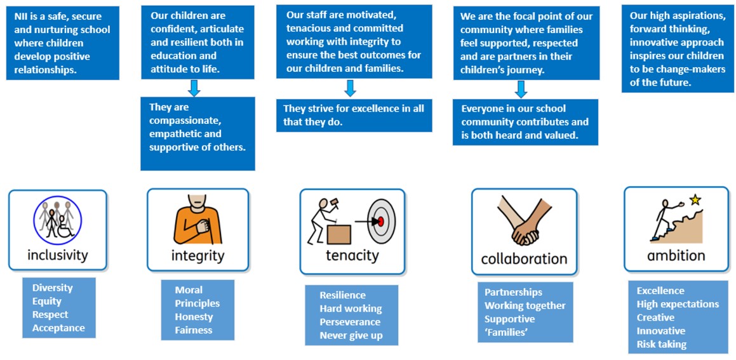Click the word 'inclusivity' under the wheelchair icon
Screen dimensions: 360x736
(x=57, y=255)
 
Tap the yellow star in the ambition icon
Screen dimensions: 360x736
(x=695, y=199)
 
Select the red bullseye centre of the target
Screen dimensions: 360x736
(x=380, y=222)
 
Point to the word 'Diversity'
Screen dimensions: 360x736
(x=53, y=288)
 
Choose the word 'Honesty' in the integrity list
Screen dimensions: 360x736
(x=194, y=317)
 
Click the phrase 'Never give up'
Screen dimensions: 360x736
(x=351, y=335)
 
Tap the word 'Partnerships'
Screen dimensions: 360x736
(x=513, y=292)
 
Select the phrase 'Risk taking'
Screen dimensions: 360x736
(x=661, y=344)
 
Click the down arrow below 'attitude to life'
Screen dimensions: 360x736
(x=194, y=88)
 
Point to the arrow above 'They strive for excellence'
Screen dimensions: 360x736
(x=350, y=88)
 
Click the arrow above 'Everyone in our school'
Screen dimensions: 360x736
(x=521, y=89)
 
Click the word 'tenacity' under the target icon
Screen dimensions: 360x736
(x=352, y=255)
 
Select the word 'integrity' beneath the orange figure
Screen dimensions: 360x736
(x=197, y=256)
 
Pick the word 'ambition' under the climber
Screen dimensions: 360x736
(x=676, y=255)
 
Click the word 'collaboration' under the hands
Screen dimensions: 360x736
(x=524, y=258)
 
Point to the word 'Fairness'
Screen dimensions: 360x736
(x=194, y=330)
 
